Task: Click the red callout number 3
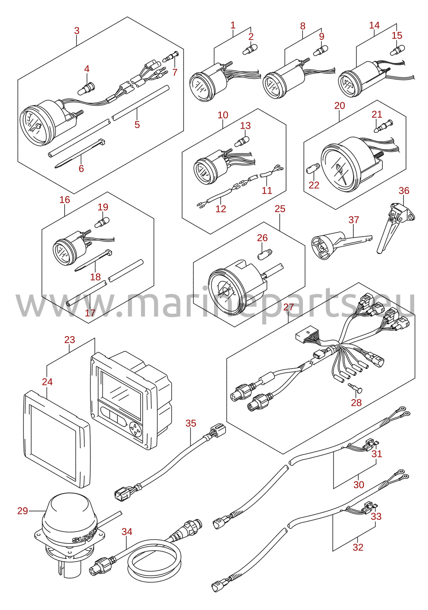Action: (x=77, y=31)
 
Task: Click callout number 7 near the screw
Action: (x=175, y=72)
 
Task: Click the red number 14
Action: (x=374, y=25)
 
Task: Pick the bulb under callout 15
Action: (x=397, y=50)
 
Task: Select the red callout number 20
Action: (x=340, y=106)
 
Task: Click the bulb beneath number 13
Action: (x=242, y=142)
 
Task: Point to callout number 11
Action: (x=267, y=190)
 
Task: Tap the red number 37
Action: (x=354, y=220)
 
